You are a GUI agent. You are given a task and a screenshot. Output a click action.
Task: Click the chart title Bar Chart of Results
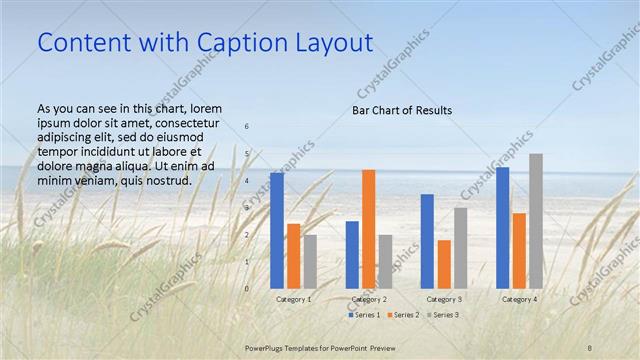click(x=402, y=110)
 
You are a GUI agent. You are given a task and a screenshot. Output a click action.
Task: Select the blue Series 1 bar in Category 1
click(x=277, y=230)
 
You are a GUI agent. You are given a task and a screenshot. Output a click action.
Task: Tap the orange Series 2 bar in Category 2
click(x=368, y=229)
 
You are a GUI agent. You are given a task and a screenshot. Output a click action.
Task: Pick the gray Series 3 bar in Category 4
click(x=536, y=221)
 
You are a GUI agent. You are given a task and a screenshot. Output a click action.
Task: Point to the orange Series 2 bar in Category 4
click(x=519, y=250)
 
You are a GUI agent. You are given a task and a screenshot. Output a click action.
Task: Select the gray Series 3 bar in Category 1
click(x=310, y=261)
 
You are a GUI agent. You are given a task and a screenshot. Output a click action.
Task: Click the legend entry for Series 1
click(x=363, y=315)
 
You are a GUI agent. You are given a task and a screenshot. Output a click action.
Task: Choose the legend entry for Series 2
click(x=403, y=315)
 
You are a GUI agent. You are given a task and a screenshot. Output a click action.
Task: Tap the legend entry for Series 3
click(x=442, y=315)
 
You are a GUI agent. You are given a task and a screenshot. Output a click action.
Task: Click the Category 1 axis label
click(x=293, y=299)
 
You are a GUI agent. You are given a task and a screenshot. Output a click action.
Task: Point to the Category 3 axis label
click(x=443, y=299)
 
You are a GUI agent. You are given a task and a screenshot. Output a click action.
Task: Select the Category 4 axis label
click(x=519, y=299)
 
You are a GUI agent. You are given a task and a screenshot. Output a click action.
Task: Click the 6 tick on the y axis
click(x=247, y=127)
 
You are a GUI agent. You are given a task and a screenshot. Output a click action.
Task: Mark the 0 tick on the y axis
click(x=247, y=288)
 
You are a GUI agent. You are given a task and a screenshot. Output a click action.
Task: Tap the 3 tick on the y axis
click(x=247, y=208)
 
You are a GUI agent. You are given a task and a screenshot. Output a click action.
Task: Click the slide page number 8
click(x=590, y=346)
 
